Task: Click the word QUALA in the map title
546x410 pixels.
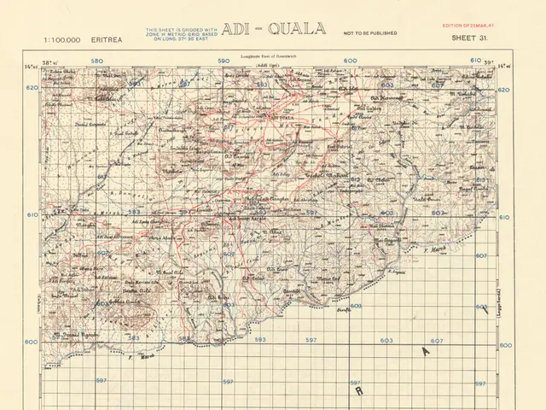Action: tap(296, 29)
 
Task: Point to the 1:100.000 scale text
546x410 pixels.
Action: tap(61, 39)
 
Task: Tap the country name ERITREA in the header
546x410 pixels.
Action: tap(106, 39)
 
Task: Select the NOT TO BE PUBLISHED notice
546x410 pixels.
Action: tap(369, 33)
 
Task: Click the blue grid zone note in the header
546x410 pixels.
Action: tap(182, 33)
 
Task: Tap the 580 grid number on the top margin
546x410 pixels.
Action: tap(96, 61)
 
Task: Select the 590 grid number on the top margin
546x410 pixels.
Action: tap(224, 61)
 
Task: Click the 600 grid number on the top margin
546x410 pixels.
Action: tap(350, 61)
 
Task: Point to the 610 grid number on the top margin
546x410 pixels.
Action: tap(476, 61)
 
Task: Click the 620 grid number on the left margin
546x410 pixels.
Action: tap(32, 88)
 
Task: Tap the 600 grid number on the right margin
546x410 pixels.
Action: tap(505, 345)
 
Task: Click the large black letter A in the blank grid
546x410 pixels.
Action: tap(425, 350)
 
